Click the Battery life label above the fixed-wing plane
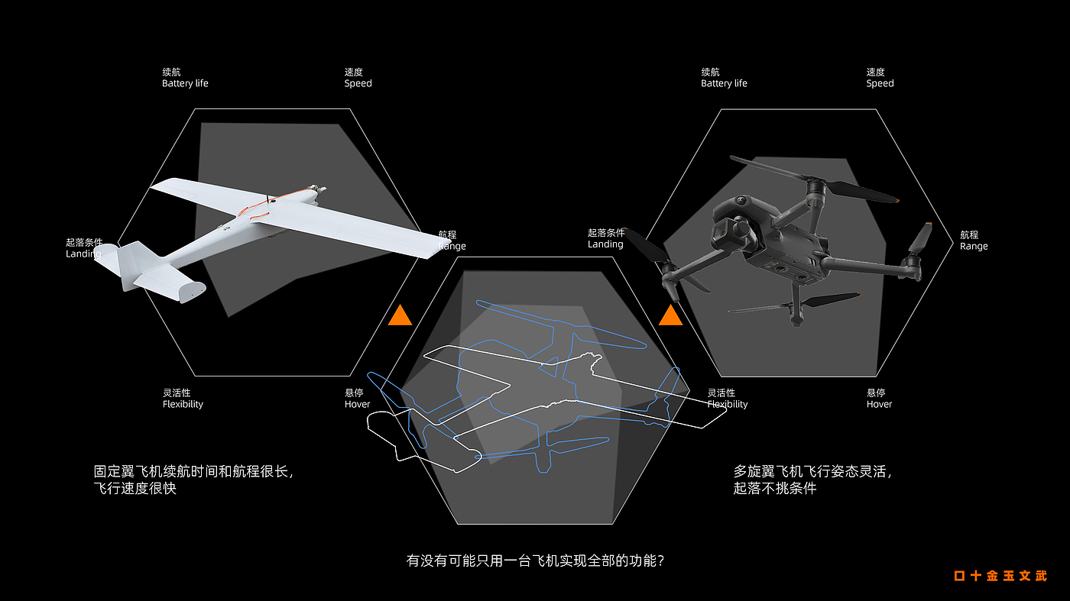[185, 78]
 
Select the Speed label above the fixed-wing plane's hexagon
[358, 78]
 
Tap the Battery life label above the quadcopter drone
[724, 78]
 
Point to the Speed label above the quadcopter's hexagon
[880, 78]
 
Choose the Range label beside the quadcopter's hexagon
[974, 241]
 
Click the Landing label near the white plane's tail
[83, 248]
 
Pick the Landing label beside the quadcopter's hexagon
[606, 238]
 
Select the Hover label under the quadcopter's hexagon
[879, 399]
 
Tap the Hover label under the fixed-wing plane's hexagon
[357, 399]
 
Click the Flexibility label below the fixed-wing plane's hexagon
[183, 399]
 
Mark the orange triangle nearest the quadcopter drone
[670, 315]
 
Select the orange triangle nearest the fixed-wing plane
[400, 315]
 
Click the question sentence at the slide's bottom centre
[534, 561]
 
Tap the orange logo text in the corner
[1000, 576]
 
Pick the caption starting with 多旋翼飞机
[812, 480]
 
